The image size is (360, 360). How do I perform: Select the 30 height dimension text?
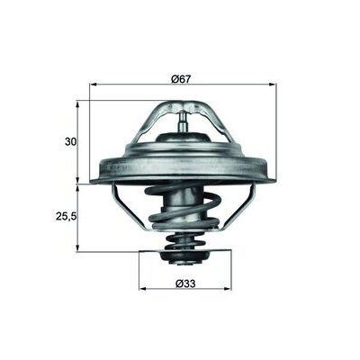coord(71,141)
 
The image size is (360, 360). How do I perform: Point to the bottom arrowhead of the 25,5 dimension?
coord(80,249)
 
